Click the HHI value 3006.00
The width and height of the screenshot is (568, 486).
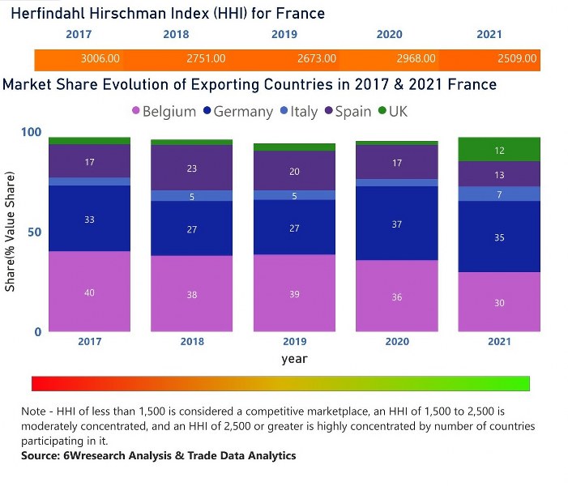click(100, 59)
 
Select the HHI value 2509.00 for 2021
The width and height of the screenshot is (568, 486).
click(516, 59)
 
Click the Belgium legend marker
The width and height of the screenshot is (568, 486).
click(135, 112)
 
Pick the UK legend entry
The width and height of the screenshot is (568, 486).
click(398, 112)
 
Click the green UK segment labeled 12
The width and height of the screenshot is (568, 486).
click(499, 151)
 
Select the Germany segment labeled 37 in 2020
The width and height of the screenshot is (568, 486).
click(397, 224)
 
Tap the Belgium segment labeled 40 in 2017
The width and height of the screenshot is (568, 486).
click(89, 292)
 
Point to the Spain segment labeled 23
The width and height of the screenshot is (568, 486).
click(192, 169)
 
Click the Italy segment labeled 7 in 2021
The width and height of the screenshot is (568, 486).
click(499, 194)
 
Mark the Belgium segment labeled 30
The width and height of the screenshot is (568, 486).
click(499, 302)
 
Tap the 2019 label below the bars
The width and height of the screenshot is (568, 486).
click(294, 342)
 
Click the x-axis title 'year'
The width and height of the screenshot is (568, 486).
click(294, 359)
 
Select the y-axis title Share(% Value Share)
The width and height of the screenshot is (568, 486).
click(11, 232)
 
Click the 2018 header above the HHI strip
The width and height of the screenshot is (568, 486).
click(176, 35)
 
